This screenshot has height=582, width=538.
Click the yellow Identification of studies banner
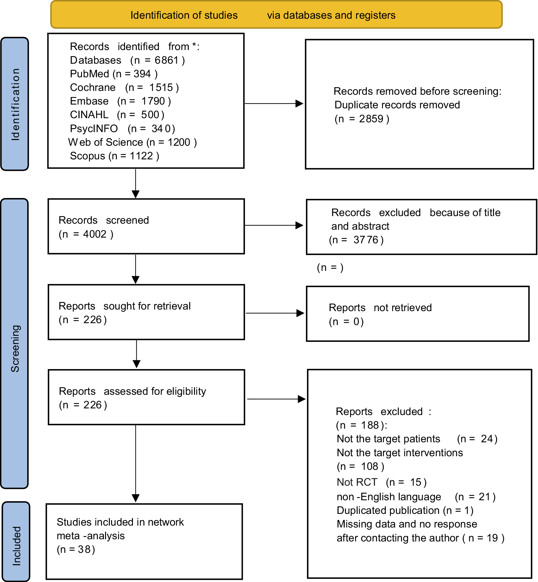[x=276, y=15]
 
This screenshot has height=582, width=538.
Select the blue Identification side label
[x=15, y=104]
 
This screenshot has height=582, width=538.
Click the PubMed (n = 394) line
[x=114, y=74]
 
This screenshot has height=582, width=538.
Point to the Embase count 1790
[x=153, y=101]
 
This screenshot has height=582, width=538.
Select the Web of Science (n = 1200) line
[x=132, y=142]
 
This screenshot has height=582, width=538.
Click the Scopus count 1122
[x=141, y=156]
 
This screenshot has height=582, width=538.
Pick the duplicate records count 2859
[x=371, y=119]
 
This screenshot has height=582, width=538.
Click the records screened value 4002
[x=95, y=234]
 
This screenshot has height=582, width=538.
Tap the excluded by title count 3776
[x=366, y=240]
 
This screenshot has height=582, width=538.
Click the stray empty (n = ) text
[x=330, y=268]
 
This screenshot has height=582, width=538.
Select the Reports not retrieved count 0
[x=356, y=322]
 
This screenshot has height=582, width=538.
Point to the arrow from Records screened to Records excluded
[x=274, y=225]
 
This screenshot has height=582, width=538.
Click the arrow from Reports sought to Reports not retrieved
[x=275, y=313]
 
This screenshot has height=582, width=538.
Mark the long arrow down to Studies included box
[x=136, y=464]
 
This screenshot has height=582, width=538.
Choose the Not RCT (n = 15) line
[x=382, y=482]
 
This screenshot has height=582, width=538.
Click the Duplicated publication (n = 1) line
[x=405, y=510]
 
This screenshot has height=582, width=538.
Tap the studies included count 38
[x=84, y=549]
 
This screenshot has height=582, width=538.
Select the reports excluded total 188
[x=370, y=425]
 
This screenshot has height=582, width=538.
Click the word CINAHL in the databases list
[x=89, y=115]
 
